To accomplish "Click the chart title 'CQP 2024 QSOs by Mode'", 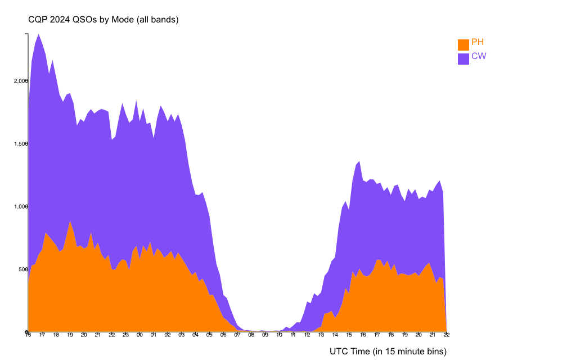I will pyautogui.click(x=103, y=20).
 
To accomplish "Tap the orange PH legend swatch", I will pyautogui.click(x=463, y=45).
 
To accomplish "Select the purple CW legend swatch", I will pyautogui.click(x=463, y=58).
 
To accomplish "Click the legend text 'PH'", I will pyautogui.click(x=478, y=42).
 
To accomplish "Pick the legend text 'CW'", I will pyautogui.click(x=479, y=56).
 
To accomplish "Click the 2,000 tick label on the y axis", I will pyautogui.click(x=20, y=80).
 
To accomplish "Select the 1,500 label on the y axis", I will pyautogui.click(x=20, y=143).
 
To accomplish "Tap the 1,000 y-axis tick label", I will pyautogui.click(x=20, y=206).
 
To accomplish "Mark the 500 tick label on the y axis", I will pyautogui.click(x=22, y=269).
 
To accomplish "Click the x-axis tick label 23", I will pyautogui.click(x=125, y=335).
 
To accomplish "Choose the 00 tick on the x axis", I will pyautogui.click(x=139, y=335).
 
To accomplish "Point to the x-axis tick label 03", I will pyautogui.click(x=181, y=335).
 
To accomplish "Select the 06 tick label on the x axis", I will pyautogui.click(x=223, y=335).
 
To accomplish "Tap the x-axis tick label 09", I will pyautogui.click(x=265, y=335).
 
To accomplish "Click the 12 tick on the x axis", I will pyautogui.click(x=307, y=335).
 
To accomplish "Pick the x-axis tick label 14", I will pyautogui.click(x=335, y=335).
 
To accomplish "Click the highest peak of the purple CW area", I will pyautogui.click(x=38, y=34).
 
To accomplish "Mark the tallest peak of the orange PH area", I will pyautogui.click(x=70, y=221).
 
